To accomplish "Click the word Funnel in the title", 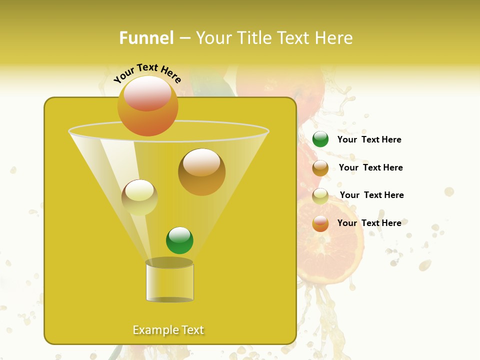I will tap(146, 38).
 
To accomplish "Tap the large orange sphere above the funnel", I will tap(147, 106).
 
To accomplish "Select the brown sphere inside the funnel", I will tap(201, 172).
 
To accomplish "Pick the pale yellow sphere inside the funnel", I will tap(139, 197).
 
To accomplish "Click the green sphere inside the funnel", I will tap(179, 240).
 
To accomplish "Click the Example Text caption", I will tap(168, 330).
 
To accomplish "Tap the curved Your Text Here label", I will tap(147, 73).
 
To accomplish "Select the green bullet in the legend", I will tap(320, 139).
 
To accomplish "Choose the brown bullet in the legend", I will tap(320, 167).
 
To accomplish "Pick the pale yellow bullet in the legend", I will tap(320, 195).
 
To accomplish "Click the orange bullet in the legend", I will tap(320, 223).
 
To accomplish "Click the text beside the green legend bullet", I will tap(369, 139).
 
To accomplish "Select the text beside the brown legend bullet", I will tap(370, 167).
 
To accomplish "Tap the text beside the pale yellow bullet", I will tap(371, 195).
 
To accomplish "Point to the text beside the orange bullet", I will tap(369, 223).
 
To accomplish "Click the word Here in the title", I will tap(334, 38).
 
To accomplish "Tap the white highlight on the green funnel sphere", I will tap(179, 234).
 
